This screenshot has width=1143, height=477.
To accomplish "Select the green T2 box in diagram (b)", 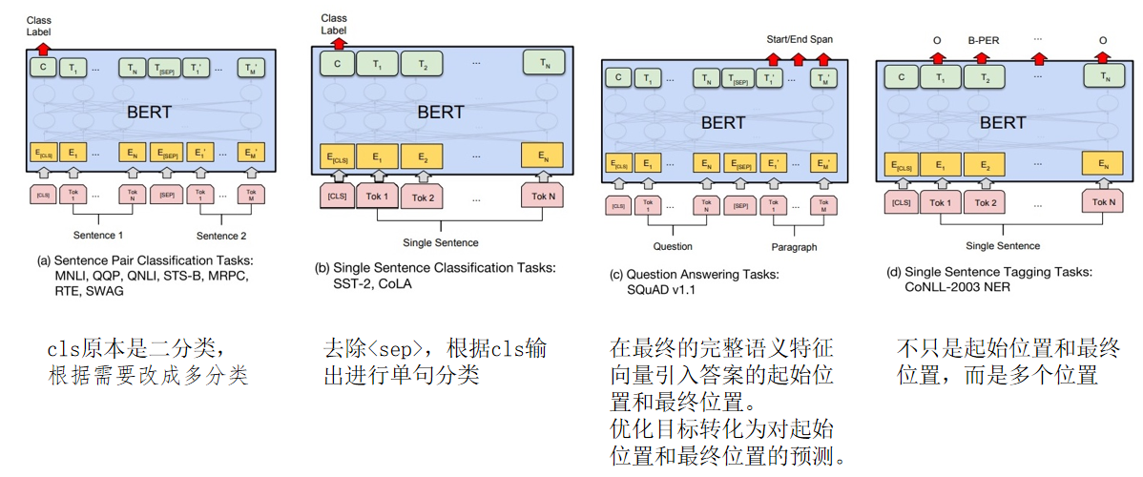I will point(422,64).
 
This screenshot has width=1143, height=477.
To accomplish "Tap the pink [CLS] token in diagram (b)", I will point(337,197).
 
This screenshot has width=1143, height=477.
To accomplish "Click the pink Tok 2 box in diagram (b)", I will point(423,197).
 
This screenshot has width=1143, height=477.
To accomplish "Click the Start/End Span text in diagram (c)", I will point(800,39).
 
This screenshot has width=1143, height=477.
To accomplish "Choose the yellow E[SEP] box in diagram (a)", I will point(167,152).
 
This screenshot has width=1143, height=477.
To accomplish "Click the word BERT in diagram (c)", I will point(723,123).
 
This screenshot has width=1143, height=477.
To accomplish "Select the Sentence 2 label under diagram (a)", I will point(221,235).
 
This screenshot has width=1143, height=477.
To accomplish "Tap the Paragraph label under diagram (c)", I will point(794,247).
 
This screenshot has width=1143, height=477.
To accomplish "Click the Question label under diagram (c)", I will point(673,246).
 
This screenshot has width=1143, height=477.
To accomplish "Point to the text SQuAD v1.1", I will point(671,289).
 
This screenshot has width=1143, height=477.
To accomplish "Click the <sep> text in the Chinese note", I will point(392,348).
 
